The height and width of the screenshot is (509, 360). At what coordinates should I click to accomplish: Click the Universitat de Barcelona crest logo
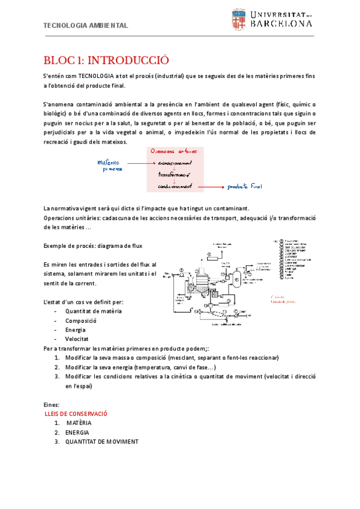pos(238,21)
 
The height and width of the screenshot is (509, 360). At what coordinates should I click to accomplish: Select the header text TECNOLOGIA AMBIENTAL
pos(86,26)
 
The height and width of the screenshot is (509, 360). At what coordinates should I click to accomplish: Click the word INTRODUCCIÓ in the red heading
pos(128,61)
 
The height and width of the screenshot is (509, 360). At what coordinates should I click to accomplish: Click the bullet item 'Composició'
pos(81,321)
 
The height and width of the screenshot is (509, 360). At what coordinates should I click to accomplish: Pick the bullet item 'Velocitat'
pos(77,339)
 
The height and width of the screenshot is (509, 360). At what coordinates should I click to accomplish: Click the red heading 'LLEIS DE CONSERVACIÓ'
pos(76,414)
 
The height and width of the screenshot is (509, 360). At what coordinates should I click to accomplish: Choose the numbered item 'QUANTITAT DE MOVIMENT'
pos(102,442)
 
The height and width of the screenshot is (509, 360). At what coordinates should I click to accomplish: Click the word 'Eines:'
pos(52,405)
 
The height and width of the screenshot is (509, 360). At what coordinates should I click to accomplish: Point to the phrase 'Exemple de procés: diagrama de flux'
pos(94,246)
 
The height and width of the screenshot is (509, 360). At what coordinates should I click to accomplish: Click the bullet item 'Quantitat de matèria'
pos(94,312)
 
